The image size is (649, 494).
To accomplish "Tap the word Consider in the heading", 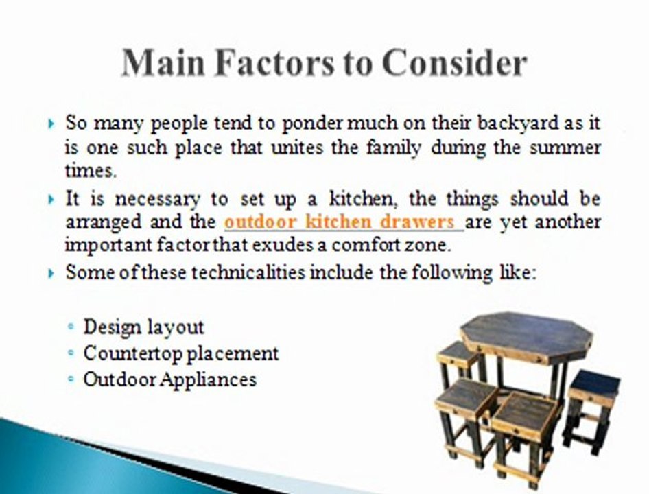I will [454, 64].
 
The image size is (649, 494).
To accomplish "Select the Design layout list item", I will [143, 327].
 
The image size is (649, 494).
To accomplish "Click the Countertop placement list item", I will [181, 353].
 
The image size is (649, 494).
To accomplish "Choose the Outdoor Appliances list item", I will [169, 379].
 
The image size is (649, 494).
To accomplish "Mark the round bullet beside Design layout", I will [71, 327].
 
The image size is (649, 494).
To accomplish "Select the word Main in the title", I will [161, 64].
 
